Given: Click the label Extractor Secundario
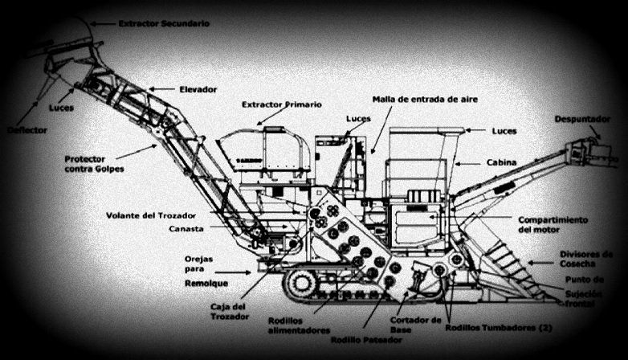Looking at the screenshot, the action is click(164, 24).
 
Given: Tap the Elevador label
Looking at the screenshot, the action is click(198, 88).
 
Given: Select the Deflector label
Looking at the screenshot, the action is click(27, 129).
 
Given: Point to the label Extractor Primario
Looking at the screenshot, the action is click(282, 104).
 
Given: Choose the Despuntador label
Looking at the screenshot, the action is click(582, 120).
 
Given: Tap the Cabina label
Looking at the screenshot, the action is click(501, 162).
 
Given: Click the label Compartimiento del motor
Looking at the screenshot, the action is click(553, 224).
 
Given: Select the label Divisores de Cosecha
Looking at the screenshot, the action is click(586, 259).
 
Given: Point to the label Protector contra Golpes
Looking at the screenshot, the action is click(96, 164).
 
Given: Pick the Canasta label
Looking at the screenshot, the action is click(186, 229).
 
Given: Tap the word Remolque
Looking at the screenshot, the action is click(206, 284).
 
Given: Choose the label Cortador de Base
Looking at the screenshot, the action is click(414, 325).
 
